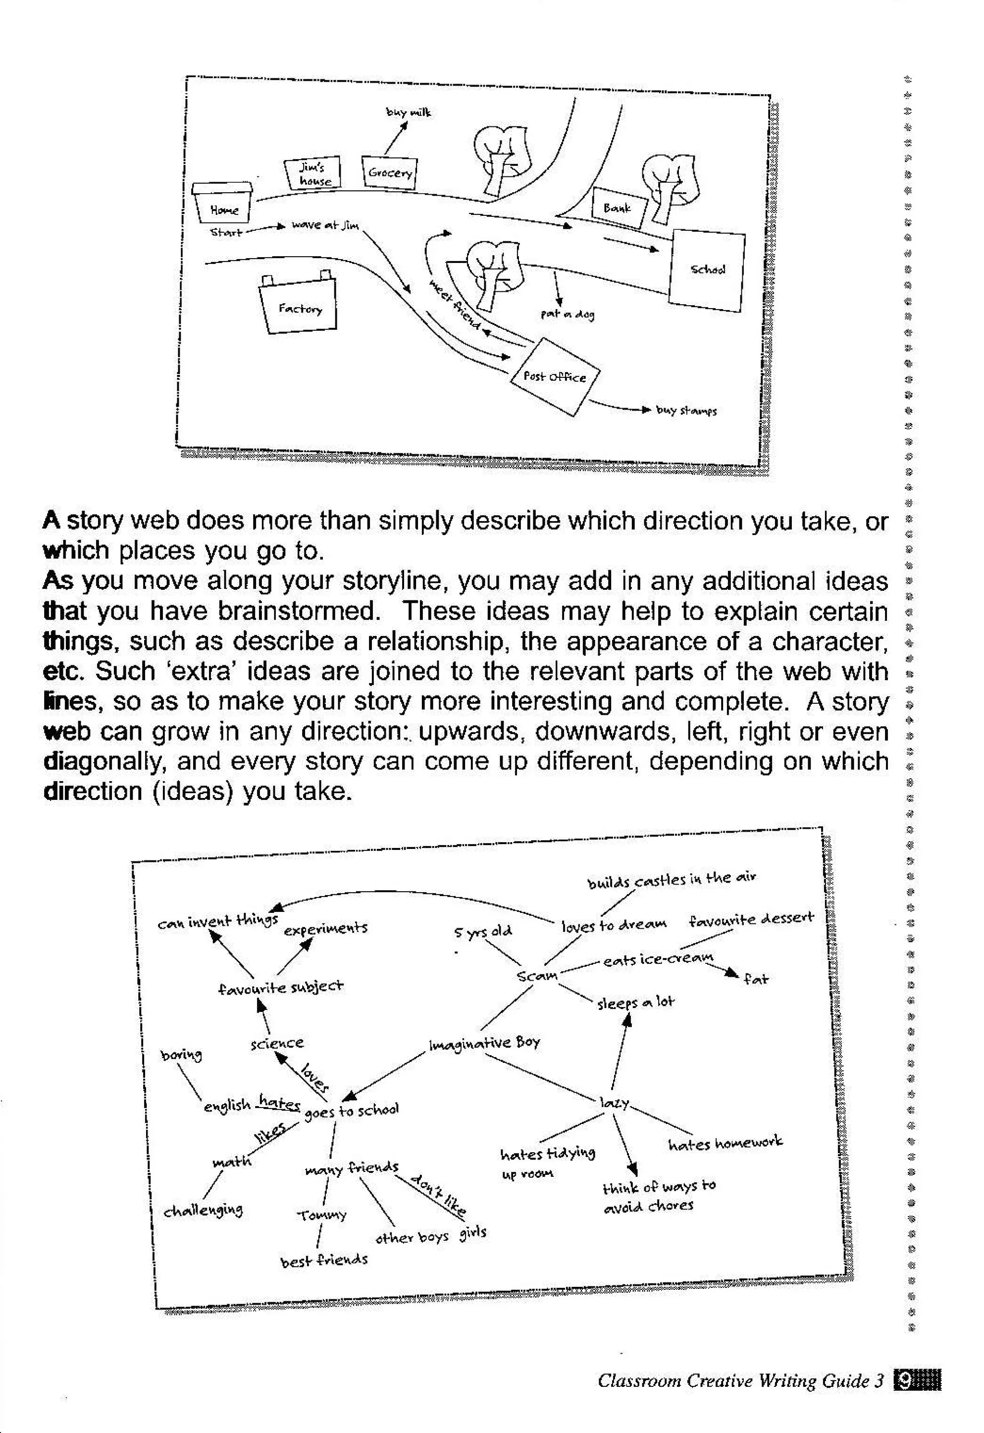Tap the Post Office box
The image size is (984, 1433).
tap(554, 376)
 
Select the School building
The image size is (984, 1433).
tap(707, 270)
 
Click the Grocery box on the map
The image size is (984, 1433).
tap(390, 172)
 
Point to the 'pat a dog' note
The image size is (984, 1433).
tap(567, 314)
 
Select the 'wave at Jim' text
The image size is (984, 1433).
tap(325, 225)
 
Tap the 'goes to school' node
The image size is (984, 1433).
tap(351, 1110)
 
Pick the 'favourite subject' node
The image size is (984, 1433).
tap(281, 987)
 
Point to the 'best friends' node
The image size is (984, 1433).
tap(324, 1259)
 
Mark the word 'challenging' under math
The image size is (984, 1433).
tap(203, 1210)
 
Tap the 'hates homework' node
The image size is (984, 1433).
tap(725, 1143)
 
